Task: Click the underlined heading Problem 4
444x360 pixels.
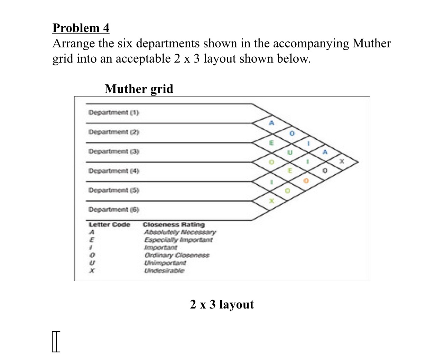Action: pos(81,28)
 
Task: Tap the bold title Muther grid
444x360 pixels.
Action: pos(139,89)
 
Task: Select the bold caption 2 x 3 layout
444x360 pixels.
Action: pos(222,304)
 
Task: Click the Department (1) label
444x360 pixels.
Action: pos(114,112)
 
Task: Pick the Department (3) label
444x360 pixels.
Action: pos(114,151)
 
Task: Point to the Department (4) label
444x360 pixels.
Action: pos(114,171)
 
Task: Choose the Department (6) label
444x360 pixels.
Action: pos(114,210)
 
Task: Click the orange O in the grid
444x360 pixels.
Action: pos(306,181)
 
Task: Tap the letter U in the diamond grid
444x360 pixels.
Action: pos(290,152)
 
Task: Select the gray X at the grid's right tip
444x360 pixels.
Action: pos(342,161)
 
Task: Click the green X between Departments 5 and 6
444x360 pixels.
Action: pos(272,201)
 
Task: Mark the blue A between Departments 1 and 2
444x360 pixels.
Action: pos(272,123)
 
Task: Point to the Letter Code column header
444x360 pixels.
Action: pos(110,225)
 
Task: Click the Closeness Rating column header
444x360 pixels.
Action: pos(174,225)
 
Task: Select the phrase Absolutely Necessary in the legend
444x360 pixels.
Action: pos(180,232)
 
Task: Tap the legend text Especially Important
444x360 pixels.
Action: pos(178,240)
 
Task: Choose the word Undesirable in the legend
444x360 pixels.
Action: pos(164,270)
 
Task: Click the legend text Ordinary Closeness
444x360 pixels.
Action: pos(177,255)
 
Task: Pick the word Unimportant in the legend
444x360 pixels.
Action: pos(165,263)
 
